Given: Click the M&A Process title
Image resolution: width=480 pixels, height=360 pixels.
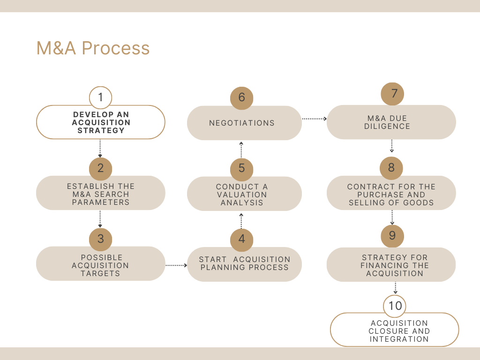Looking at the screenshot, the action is pos(93,48).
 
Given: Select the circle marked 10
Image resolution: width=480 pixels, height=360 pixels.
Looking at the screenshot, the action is pos(395,306).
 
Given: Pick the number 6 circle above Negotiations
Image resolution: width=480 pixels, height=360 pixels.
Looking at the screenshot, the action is pos(241,98).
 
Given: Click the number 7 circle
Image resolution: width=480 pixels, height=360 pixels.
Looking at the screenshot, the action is pos(392,94).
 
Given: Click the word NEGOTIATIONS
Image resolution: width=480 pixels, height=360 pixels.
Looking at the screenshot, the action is pos(242,123).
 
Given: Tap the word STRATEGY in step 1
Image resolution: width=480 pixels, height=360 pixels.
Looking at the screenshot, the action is pos(101,131).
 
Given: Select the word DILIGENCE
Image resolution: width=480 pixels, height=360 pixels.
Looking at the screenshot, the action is pos(387,127).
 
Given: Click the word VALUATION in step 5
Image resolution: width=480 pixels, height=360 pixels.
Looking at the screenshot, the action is pos(242,195).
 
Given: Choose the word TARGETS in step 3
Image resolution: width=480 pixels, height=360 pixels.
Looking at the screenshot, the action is pos(100,273).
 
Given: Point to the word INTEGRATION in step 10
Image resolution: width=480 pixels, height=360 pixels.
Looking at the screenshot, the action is pos(399,339).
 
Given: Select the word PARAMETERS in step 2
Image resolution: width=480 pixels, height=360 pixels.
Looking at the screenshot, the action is pos(101,202).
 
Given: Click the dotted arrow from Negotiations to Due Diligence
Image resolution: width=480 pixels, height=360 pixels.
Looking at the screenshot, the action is pos(315,119).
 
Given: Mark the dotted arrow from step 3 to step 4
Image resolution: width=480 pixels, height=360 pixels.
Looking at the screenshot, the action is pos(176,265).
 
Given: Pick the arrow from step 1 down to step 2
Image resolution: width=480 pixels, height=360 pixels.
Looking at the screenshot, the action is pos(100,149).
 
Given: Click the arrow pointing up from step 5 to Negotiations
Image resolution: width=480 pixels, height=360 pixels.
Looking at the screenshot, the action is pos(241,150).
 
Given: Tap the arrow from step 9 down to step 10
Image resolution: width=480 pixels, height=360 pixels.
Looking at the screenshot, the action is pos(395,288).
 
